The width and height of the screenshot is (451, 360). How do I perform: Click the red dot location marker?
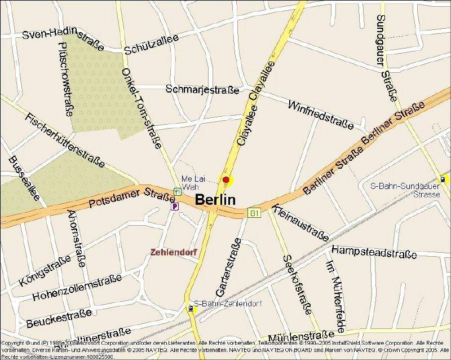(226, 180)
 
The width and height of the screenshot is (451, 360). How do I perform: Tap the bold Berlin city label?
(215, 200)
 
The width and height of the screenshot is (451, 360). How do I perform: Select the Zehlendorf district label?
(174, 252)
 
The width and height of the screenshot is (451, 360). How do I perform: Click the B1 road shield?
(254, 213)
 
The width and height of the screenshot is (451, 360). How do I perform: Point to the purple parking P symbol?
(175, 207)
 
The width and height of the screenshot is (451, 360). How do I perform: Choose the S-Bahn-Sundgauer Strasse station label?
(405, 190)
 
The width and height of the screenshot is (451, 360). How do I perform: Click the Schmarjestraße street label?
(202, 90)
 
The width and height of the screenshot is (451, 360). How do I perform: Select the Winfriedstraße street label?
(321, 114)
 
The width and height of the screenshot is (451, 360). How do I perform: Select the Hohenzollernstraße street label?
(77, 288)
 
